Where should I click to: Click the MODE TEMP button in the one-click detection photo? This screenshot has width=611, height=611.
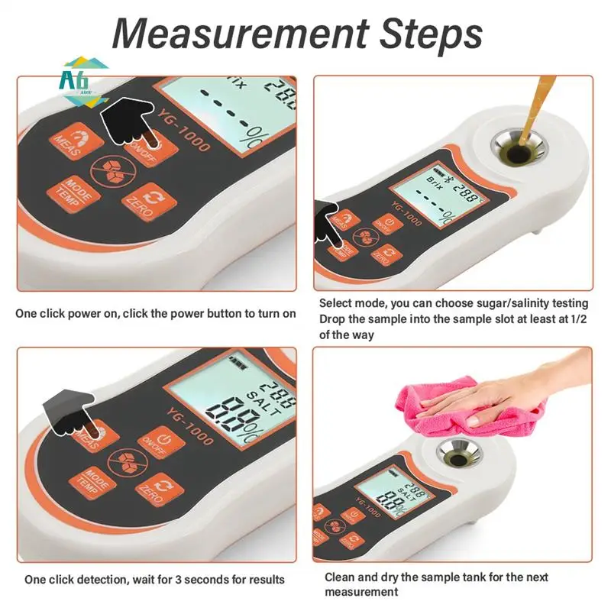point(89,479)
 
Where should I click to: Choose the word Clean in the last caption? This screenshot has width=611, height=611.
point(341,577)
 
